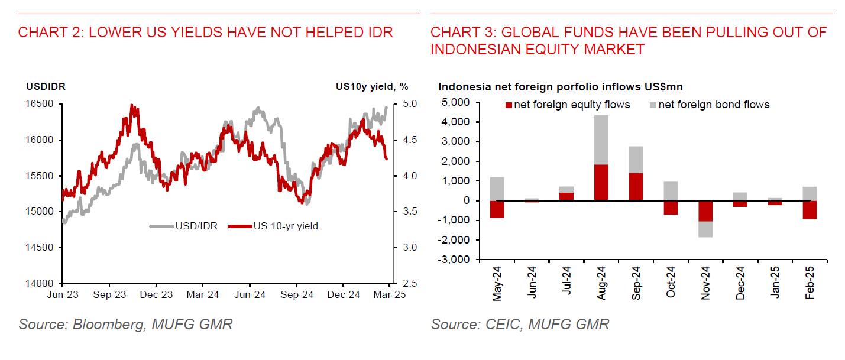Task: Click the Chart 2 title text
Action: click(205, 33)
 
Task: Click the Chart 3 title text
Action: click(628, 41)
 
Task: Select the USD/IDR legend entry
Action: click(184, 226)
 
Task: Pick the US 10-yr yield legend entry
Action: click(274, 226)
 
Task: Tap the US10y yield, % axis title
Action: click(371, 86)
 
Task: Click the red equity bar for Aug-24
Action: click(601, 182)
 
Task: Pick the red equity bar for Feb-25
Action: click(810, 210)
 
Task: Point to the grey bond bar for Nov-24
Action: click(705, 229)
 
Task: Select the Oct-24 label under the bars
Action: click(671, 284)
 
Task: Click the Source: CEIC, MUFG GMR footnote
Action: click(520, 324)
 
